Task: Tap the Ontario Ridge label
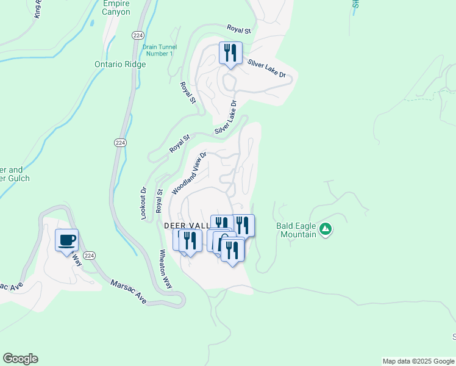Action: (x=120, y=65)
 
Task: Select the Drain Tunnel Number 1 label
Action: (x=159, y=50)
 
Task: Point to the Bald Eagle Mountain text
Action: (x=296, y=229)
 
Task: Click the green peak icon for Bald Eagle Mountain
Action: (x=326, y=229)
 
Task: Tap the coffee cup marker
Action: (x=67, y=240)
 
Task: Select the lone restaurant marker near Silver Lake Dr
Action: (x=230, y=53)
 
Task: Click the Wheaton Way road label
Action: (x=165, y=268)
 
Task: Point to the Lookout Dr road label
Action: (x=144, y=198)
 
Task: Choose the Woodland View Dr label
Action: (x=190, y=173)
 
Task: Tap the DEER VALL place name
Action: (x=183, y=225)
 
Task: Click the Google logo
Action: (x=20, y=359)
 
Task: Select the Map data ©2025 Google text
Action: (x=418, y=361)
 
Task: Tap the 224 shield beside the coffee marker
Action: (x=89, y=255)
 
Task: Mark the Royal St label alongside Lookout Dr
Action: (x=160, y=199)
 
